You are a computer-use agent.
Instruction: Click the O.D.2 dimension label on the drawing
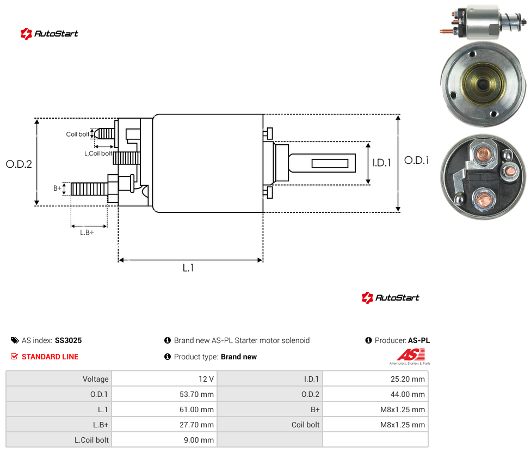pyautogui.click(x=19, y=164)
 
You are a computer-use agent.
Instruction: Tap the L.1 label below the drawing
pyautogui.click(x=188, y=268)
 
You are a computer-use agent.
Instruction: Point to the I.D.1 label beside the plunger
pyautogui.click(x=382, y=163)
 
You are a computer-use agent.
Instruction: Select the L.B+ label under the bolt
pyautogui.click(x=87, y=232)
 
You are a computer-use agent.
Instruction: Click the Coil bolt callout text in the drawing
pyautogui.click(x=78, y=134)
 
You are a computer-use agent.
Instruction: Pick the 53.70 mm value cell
pyautogui.click(x=196, y=394)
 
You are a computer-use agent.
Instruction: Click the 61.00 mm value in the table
pyautogui.click(x=196, y=409)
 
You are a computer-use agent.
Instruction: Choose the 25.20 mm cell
pyautogui.click(x=407, y=379)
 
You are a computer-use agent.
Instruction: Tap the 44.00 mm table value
pyautogui.click(x=407, y=394)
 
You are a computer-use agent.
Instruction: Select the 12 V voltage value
pyautogui.click(x=206, y=379)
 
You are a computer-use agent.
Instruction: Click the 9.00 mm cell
pyautogui.click(x=199, y=440)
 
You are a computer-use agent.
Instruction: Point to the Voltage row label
pyautogui.click(x=96, y=379)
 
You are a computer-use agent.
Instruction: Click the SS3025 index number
pyautogui.click(x=69, y=340)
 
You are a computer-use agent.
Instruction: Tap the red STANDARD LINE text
pyautogui.click(x=50, y=357)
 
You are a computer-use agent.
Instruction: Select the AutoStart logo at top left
pyautogui.click(x=50, y=34)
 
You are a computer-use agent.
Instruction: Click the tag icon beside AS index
pyautogui.click(x=15, y=340)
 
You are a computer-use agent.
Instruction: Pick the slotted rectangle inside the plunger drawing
pyautogui.click(x=330, y=164)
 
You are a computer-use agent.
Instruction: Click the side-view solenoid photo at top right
pyautogui.click(x=484, y=22)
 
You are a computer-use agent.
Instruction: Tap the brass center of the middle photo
pyautogui.click(x=483, y=84)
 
